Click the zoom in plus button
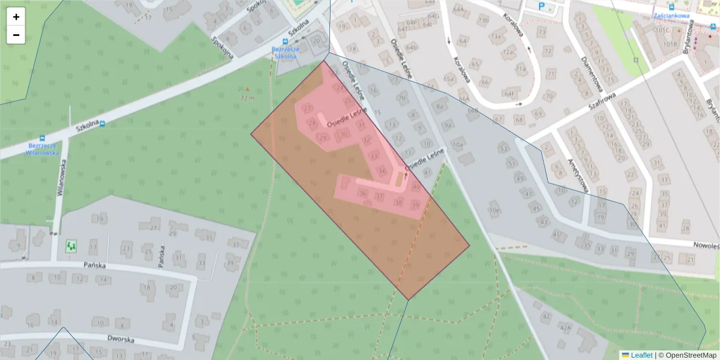pos(16,17)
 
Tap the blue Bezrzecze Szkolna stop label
pos(284,53)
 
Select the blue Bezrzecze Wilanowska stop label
pos(42,149)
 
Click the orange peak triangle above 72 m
pos(247,89)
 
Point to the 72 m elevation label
pos(247,97)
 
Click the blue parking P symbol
pos(542,7)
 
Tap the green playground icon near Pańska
pos(71,245)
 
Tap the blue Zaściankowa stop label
pos(671,16)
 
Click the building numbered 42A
pos(565,327)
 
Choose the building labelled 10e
pos(494,211)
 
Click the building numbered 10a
pos(458,145)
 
